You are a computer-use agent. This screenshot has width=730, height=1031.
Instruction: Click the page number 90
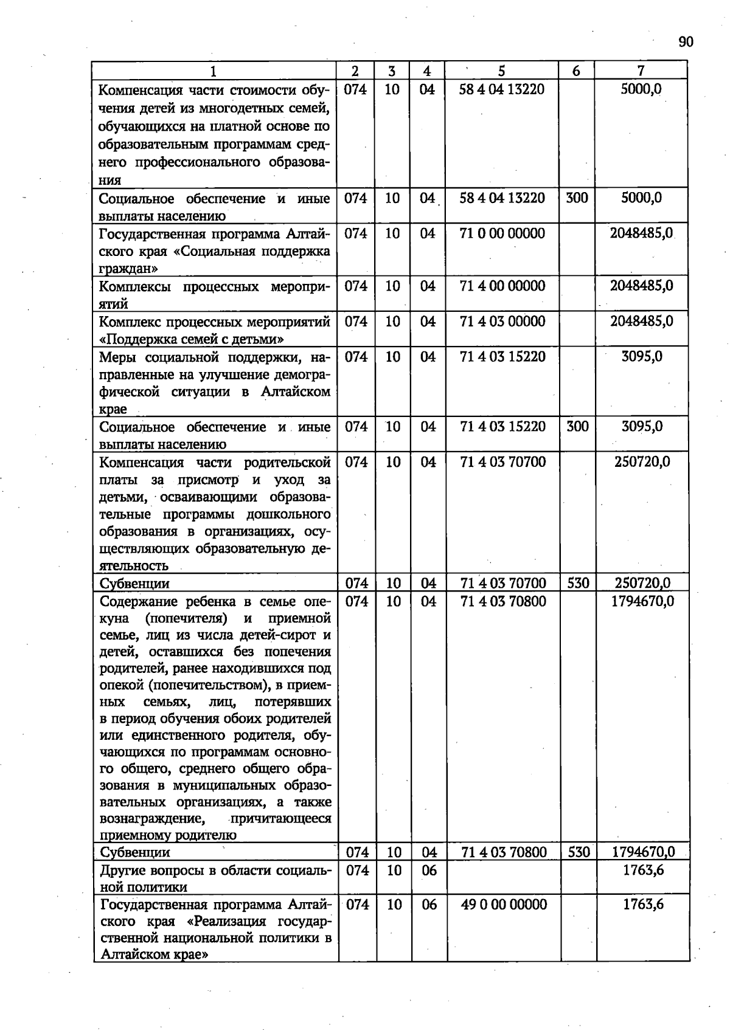pyautogui.click(x=686, y=41)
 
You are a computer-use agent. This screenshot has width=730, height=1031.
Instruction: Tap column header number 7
pyautogui.click(x=641, y=71)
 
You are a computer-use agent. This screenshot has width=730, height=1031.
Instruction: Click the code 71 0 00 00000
pyautogui.click(x=502, y=233)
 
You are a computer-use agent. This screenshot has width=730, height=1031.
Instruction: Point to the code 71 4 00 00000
pyautogui.click(x=502, y=286)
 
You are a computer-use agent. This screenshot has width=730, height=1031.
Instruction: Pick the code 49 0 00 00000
pyautogui.click(x=504, y=905)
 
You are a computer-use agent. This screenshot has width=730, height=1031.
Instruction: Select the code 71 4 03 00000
pyautogui.click(x=502, y=321)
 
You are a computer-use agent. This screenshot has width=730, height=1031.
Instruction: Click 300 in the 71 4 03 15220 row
pyautogui.click(x=577, y=427)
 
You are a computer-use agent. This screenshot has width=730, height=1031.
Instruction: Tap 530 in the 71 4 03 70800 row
pyautogui.click(x=579, y=852)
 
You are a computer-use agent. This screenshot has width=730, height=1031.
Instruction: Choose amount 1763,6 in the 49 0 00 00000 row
pyautogui.click(x=643, y=905)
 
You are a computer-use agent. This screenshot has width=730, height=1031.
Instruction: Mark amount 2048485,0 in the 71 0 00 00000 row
pyautogui.click(x=641, y=233)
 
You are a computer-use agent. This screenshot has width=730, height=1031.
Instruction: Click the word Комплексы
pyautogui.click(x=135, y=286)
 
